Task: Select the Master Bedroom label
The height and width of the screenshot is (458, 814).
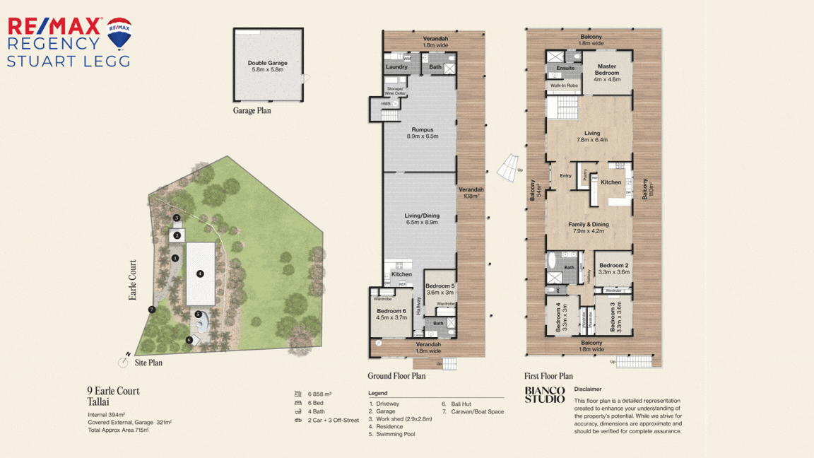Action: (x=606, y=70)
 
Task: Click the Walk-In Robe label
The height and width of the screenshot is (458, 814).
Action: (x=564, y=86)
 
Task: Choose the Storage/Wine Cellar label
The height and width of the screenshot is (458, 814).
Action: (x=396, y=91)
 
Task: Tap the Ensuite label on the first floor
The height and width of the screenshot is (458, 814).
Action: (x=565, y=69)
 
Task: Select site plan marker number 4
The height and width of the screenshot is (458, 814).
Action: (x=201, y=274)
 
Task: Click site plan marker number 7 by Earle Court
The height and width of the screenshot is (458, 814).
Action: (x=151, y=310)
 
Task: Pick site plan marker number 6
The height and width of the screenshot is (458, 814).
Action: (x=189, y=340)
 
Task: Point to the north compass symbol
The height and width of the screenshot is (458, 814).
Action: (x=124, y=361)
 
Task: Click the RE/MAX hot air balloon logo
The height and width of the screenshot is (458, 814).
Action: (x=119, y=33)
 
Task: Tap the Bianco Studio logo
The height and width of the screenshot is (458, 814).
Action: (x=545, y=394)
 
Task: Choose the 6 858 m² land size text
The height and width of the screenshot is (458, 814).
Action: (x=319, y=394)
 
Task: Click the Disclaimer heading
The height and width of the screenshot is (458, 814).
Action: (x=588, y=389)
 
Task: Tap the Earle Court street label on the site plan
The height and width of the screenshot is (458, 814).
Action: (x=133, y=280)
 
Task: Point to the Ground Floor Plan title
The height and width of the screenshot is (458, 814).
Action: (x=396, y=376)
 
